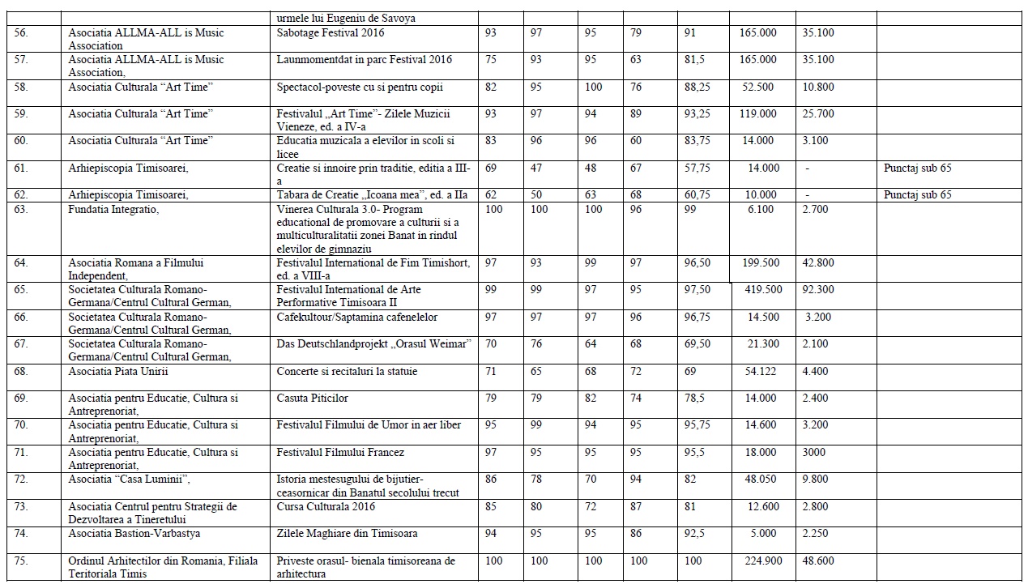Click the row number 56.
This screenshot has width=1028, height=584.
[21, 33]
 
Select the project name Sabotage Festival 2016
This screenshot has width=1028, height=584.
[331, 33]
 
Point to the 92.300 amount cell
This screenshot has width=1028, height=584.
[817, 290]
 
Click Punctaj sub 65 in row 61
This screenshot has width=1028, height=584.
[918, 168]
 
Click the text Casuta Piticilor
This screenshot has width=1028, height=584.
[313, 399]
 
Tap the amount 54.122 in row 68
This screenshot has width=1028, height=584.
[758, 372]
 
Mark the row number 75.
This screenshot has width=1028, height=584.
[21, 561]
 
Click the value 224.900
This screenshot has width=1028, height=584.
[758, 561]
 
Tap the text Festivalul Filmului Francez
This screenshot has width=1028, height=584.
[340, 452]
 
